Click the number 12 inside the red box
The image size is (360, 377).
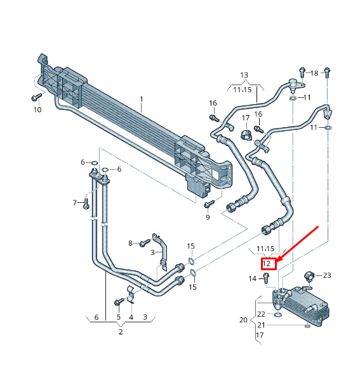(x=267, y=263)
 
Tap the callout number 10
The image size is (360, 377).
(x=37, y=109)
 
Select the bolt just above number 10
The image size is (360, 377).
(x=36, y=97)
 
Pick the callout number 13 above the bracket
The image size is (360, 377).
(x=244, y=75)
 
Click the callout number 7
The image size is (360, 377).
(x=74, y=202)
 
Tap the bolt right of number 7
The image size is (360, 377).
(x=86, y=203)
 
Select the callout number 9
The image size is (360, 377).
(x=207, y=217)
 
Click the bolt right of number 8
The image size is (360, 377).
(x=144, y=242)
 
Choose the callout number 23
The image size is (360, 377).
(x=327, y=275)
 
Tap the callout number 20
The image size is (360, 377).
(x=243, y=320)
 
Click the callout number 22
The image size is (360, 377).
(x=260, y=314)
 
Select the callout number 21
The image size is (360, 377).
(x=260, y=325)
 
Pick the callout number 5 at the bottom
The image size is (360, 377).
(x=118, y=317)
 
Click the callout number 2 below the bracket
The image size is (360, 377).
(x=121, y=331)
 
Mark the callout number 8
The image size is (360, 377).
(x=131, y=243)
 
